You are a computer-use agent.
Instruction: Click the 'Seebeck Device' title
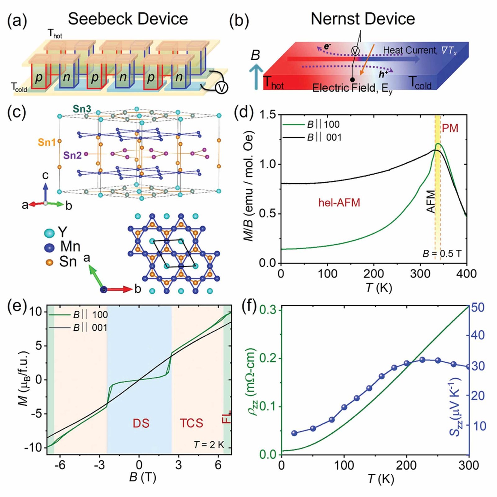(128, 19)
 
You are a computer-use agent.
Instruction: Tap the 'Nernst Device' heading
(362, 19)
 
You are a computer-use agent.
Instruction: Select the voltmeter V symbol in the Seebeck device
(221, 88)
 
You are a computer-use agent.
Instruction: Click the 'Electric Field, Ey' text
(352, 88)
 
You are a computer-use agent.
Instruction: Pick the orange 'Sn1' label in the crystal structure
(47, 142)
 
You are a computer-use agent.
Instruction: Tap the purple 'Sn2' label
(72, 155)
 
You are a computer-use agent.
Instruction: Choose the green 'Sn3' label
(82, 109)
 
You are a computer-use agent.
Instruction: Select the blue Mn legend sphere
(49, 248)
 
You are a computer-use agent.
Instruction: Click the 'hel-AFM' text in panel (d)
(339, 203)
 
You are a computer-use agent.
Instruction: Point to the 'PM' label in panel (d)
(450, 128)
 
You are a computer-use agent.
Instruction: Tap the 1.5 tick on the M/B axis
(268, 115)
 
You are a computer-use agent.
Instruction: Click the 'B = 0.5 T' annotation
(442, 254)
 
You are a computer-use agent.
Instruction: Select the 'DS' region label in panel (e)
(141, 423)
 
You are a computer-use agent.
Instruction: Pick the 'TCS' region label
(191, 423)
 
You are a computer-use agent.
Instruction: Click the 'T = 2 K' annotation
(209, 445)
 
